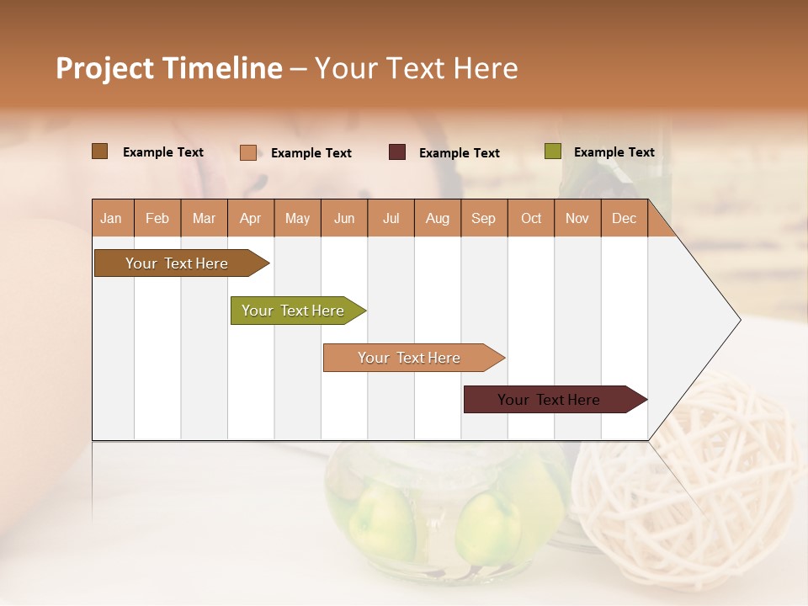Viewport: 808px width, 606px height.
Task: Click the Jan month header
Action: click(x=111, y=219)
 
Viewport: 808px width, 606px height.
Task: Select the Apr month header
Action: click(x=250, y=219)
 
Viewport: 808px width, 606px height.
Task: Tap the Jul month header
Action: click(x=391, y=219)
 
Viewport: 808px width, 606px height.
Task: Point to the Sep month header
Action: click(x=483, y=219)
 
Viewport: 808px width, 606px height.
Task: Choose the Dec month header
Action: click(x=624, y=219)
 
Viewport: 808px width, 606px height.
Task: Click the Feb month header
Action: click(x=157, y=219)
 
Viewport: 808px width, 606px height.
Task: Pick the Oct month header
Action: click(x=531, y=219)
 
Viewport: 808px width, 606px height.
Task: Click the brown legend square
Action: click(x=99, y=151)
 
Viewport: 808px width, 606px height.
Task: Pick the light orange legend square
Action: click(x=248, y=152)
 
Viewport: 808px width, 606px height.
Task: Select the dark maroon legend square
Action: click(x=397, y=152)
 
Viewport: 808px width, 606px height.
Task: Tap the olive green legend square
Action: click(x=552, y=151)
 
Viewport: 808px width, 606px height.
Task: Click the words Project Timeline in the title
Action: click(x=169, y=68)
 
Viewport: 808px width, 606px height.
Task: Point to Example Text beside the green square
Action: click(x=614, y=152)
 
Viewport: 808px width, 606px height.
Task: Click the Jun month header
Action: click(x=344, y=219)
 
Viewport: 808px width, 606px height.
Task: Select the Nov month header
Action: click(x=577, y=219)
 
